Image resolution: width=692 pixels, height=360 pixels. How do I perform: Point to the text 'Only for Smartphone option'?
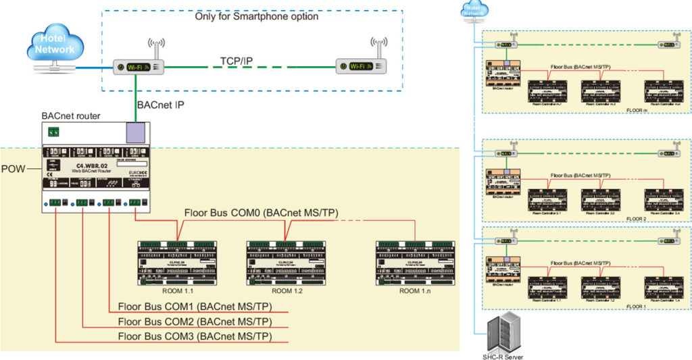point(256,16)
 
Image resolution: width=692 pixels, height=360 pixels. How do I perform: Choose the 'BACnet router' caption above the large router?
point(71,116)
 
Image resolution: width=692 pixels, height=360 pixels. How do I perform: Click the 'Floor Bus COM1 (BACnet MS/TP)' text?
point(195,306)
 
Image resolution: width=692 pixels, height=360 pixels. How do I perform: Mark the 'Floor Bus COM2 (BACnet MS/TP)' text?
point(195,322)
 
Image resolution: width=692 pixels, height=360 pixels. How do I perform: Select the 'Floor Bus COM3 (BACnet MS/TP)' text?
point(195,336)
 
